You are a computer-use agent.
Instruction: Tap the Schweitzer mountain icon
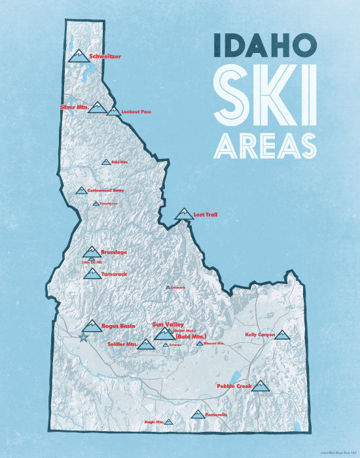(78, 55)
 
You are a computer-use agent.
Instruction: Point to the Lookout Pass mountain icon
(114, 112)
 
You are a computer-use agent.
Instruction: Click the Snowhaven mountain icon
(96, 203)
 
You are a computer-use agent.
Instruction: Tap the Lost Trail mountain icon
(183, 214)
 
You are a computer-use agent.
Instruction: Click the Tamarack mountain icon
(92, 273)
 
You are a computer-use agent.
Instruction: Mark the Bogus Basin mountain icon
(92, 326)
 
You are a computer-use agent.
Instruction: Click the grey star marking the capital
(82, 338)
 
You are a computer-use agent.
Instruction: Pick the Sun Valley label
(168, 324)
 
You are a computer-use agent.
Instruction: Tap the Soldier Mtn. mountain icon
(147, 343)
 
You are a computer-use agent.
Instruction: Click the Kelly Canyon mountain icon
(281, 334)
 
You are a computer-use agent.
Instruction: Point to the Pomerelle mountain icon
(197, 414)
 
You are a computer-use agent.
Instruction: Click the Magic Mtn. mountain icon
(168, 422)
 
